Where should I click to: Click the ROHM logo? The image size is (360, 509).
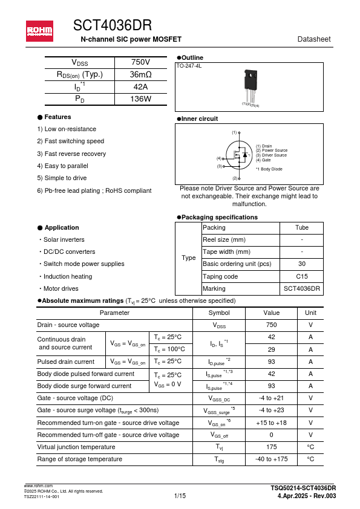pos(39,31)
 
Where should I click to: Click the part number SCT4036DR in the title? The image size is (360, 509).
pos(112,25)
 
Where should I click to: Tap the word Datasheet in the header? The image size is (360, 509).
pos(314,39)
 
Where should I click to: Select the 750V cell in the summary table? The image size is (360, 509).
pos(140,63)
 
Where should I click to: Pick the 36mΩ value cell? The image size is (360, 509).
pos(140,75)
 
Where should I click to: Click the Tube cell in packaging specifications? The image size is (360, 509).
pos(301,227)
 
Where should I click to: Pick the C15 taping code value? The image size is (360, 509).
pos(301,276)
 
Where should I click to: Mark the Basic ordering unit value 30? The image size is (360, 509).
pos(301,264)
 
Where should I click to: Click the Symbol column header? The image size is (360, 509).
pos(219,313)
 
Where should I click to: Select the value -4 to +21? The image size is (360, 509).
pos(271,398)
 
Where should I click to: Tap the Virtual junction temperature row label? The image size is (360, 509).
pos(76,447)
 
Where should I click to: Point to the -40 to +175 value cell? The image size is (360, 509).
pos(271,459)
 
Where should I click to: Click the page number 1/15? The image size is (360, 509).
pos(180,496)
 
